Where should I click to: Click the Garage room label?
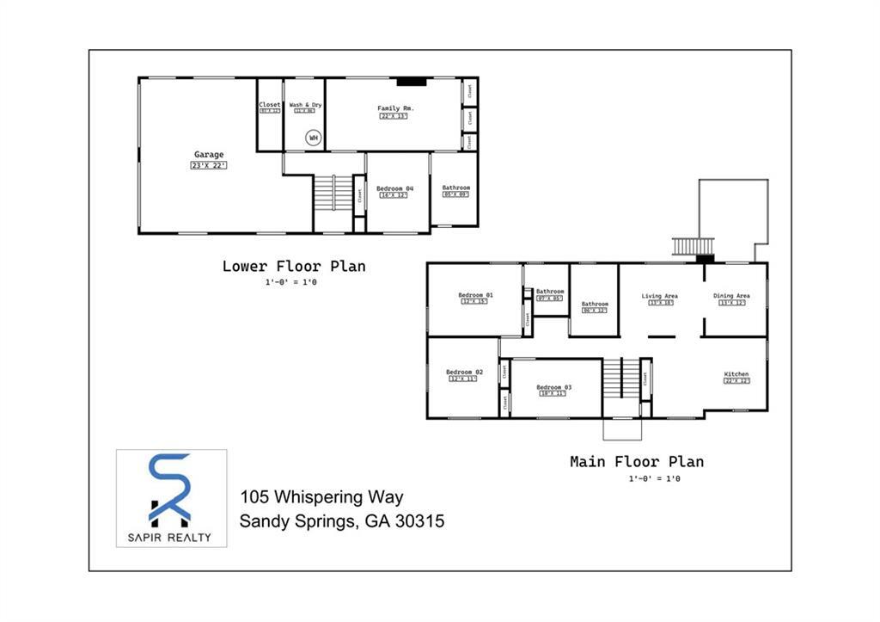[209, 155]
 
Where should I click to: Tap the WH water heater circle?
[314, 138]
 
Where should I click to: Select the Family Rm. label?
[396, 108]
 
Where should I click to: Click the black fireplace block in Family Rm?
[412, 83]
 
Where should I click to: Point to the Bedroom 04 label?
[394, 188]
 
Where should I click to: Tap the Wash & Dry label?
[305, 105]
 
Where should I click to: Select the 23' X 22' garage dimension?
[209, 165]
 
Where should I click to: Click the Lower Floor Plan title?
[294, 266]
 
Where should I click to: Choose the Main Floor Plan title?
[637, 462]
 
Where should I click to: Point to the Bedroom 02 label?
[464, 372]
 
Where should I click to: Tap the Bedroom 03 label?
[554, 387]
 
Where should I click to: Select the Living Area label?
[660, 296]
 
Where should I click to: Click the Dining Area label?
[731, 296]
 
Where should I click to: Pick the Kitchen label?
[736, 374]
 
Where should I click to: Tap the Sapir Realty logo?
[172, 498]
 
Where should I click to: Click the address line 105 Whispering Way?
[321, 497]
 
